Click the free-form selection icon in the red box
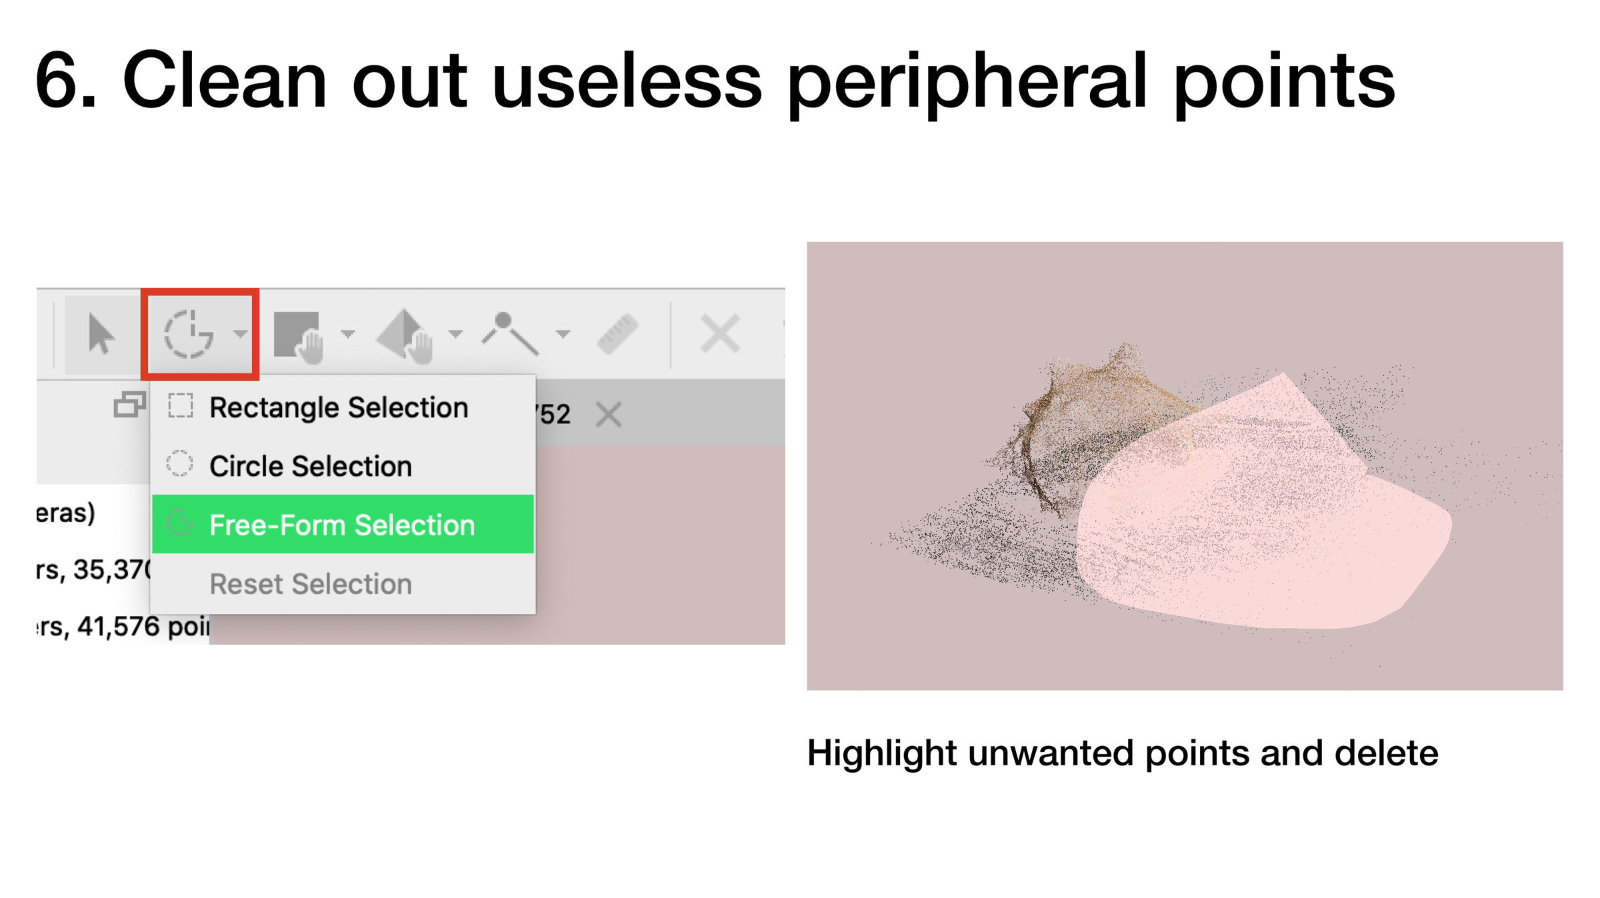pos(189,334)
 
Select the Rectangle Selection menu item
pos(339,407)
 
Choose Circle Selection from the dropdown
pos(311,466)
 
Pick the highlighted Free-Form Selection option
pos(342,525)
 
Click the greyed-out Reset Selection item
pos(311,584)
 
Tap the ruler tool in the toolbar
pos(617,333)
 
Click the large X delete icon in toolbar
pos(720,333)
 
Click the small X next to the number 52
pos(609,415)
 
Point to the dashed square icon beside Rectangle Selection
pos(180,405)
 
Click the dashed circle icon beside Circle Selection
pos(179,463)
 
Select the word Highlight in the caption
pos(881,754)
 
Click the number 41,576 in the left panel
pos(119,627)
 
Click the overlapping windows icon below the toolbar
pos(129,405)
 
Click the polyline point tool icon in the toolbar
pos(510,333)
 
